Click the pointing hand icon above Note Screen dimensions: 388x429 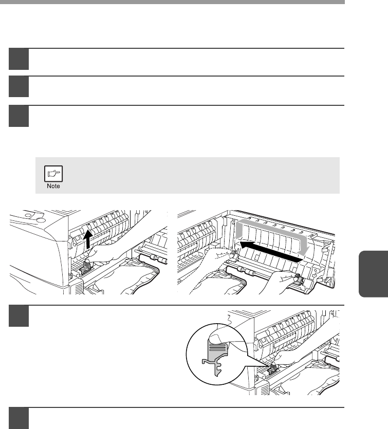(x=53, y=174)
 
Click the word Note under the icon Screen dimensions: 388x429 (x=53, y=186)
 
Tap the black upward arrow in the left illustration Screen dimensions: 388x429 (x=88, y=239)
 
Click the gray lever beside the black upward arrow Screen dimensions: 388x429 (x=85, y=268)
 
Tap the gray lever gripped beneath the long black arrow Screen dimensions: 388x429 (x=299, y=279)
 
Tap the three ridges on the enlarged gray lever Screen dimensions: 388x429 (x=218, y=347)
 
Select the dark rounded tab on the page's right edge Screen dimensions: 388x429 (x=373, y=274)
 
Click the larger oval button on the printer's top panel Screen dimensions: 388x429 (x=41, y=220)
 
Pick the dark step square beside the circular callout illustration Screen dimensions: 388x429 (x=19, y=316)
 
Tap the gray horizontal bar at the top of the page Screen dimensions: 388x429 (x=172, y=2)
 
